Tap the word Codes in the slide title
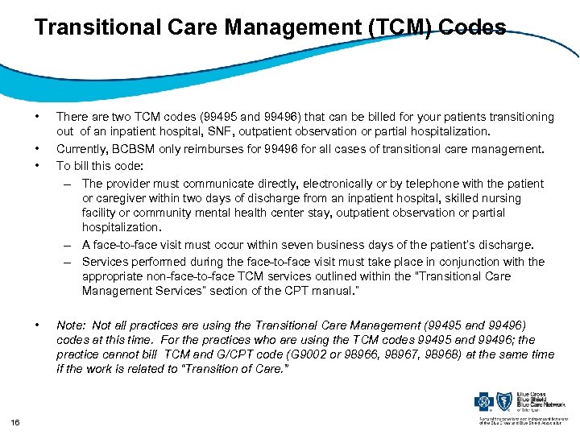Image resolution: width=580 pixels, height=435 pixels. tap(476, 28)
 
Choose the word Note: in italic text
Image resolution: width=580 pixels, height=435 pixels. tap(72, 325)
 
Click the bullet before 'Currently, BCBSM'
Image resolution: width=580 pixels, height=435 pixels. tap(39, 149)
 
